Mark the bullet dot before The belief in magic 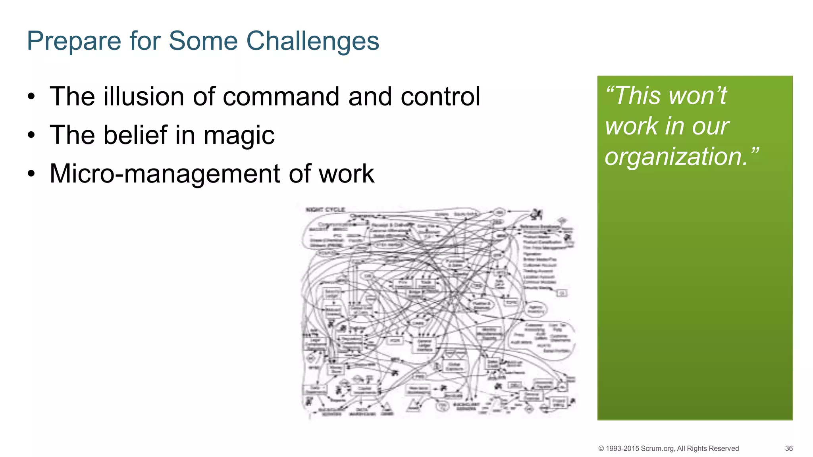click(x=32, y=136)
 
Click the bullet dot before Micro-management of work click(x=32, y=174)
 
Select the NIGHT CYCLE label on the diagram click(x=326, y=209)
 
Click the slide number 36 click(x=788, y=449)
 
